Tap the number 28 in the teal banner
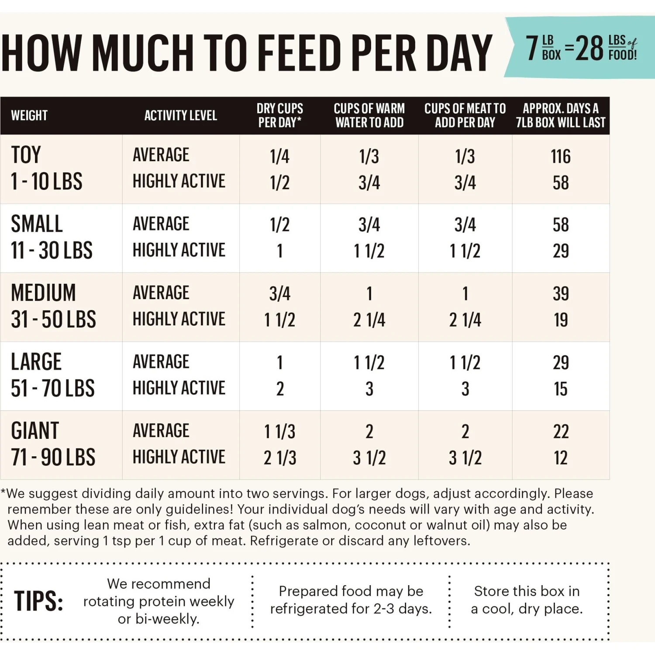pyautogui.click(x=589, y=48)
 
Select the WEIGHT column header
pyautogui.click(x=29, y=116)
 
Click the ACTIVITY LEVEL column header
pyautogui.click(x=180, y=116)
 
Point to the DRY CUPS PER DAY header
pyautogui.click(x=279, y=116)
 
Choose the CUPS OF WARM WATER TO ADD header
pyautogui.click(x=369, y=116)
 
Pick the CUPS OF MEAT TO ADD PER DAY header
pyautogui.click(x=465, y=116)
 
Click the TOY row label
pyautogui.click(x=26, y=155)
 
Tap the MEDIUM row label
pyautogui.click(x=43, y=293)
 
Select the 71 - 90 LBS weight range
pyautogui.click(x=53, y=458)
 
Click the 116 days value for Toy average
pyautogui.click(x=560, y=156)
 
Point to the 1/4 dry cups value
pyautogui.click(x=279, y=156)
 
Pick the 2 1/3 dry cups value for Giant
pyautogui.click(x=279, y=458)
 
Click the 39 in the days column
pyautogui.click(x=561, y=294)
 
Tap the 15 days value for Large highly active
pyautogui.click(x=561, y=389)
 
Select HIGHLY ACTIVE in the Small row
pyautogui.click(x=179, y=250)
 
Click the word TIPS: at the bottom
pyautogui.click(x=38, y=601)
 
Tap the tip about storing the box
pyautogui.click(x=527, y=600)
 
